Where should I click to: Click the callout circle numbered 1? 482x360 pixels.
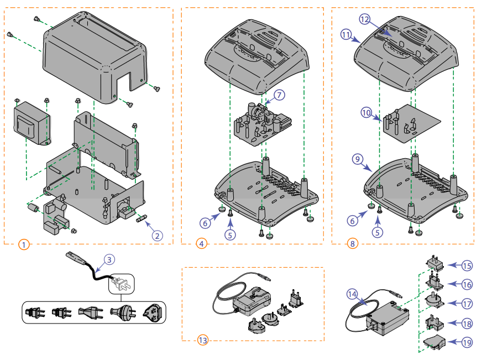pyautogui.click(x=23, y=244)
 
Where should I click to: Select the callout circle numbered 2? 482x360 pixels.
pyautogui.click(x=158, y=236)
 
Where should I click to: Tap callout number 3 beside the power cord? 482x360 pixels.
pyautogui.click(x=109, y=259)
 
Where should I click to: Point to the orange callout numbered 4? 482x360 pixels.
pyautogui.click(x=201, y=243)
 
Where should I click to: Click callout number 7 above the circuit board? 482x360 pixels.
pyautogui.click(x=279, y=95)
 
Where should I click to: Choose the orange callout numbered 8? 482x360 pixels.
pyautogui.click(x=352, y=243)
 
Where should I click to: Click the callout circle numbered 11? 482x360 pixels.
pyautogui.click(x=347, y=35)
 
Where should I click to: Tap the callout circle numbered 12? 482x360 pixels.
pyautogui.click(x=364, y=19)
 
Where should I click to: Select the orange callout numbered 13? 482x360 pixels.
pyautogui.click(x=202, y=340)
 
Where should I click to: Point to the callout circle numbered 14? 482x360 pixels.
pyautogui.click(x=353, y=294)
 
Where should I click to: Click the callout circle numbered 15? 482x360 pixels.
pyautogui.click(x=467, y=266)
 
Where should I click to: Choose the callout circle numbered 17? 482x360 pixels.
pyautogui.click(x=467, y=304)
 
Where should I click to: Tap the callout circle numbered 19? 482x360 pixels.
pyautogui.click(x=467, y=343)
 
